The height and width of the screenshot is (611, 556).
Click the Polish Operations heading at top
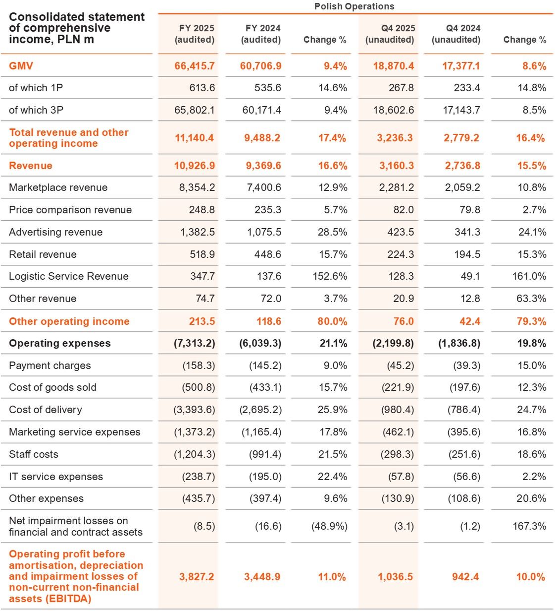(x=354, y=6)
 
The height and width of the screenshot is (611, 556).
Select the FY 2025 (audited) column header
(x=195, y=34)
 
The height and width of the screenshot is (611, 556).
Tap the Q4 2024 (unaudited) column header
(x=456, y=34)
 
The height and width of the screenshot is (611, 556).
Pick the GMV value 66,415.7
(x=195, y=65)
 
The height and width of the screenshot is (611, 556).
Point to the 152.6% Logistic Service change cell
(x=330, y=276)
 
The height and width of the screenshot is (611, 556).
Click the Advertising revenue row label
(x=55, y=232)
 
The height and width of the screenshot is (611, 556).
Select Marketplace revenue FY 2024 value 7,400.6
(x=261, y=187)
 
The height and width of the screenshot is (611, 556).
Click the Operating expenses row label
(x=60, y=343)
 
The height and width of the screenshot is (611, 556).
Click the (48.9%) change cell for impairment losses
(x=329, y=526)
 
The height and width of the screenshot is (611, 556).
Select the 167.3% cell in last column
(x=529, y=526)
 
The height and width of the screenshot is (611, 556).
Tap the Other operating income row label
(x=69, y=321)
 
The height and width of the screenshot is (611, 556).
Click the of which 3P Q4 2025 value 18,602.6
(x=394, y=110)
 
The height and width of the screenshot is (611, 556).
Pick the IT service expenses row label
(x=56, y=477)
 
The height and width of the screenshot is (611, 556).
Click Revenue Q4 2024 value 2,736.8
(x=462, y=166)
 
